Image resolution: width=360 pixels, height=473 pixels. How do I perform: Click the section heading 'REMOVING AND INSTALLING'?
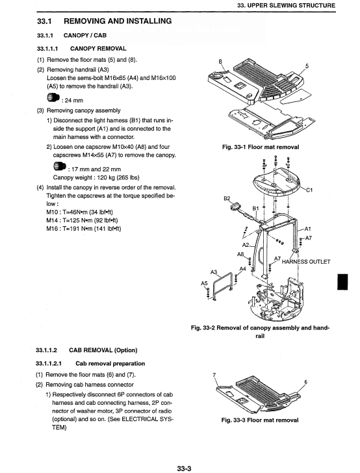coord(118,21)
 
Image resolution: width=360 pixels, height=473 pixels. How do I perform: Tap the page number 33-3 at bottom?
coord(184,468)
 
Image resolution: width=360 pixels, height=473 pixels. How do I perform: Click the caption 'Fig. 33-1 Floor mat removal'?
coord(261,147)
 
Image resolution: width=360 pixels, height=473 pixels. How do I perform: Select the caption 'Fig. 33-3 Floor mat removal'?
coord(260,420)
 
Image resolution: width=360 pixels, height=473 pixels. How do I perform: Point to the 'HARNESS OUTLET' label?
coord(306,262)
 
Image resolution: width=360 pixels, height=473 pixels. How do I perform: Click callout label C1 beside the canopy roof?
coord(309,190)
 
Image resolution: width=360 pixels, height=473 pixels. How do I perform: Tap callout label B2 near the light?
coord(227,199)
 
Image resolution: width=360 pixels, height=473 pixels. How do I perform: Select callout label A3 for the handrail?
coord(214,272)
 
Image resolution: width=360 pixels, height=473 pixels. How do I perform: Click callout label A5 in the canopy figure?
coord(204,283)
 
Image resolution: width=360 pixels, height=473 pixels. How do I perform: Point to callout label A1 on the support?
coord(307,229)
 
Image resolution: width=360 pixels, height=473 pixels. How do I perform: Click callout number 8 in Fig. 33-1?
coord(220,62)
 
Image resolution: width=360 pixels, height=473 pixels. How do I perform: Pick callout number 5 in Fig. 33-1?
coord(307,66)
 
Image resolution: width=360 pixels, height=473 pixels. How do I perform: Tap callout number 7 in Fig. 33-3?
coord(214,375)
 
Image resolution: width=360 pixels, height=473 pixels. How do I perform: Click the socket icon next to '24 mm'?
coord(53,97)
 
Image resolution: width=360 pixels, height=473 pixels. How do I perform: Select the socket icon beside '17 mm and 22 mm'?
coord(60,166)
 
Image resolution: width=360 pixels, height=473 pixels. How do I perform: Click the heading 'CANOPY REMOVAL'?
coord(98,49)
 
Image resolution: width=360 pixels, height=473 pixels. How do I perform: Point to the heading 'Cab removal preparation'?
coord(110,363)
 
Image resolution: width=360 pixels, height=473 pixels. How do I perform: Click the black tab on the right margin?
coord(342,282)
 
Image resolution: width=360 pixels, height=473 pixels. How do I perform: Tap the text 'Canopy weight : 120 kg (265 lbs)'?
coord(96,177)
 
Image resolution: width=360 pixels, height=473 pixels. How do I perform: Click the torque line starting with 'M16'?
coord(84,229)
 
